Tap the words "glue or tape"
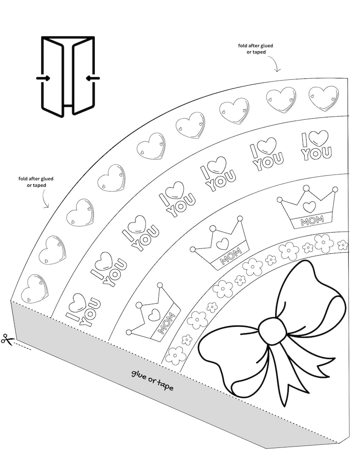tap(152, 380)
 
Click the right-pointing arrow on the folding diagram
tap(44, 78)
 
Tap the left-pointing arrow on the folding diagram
tap(92, 78)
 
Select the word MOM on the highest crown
tap(309, 222)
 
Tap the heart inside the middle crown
tap(222, 243)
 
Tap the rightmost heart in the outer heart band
tap(323, 98)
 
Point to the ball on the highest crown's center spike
tap(306, 188)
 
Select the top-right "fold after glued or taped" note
tap(256, 49)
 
